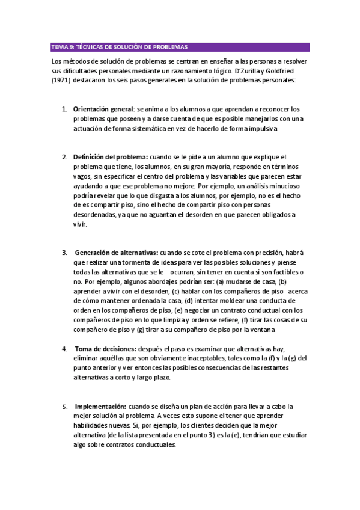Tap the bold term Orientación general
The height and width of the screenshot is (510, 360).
point(103,109)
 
